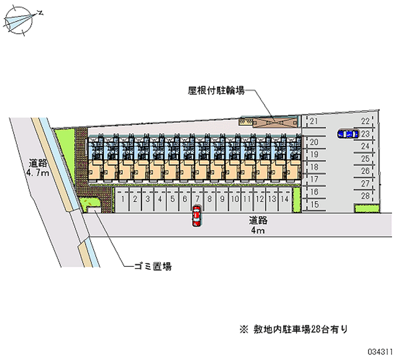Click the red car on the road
197,216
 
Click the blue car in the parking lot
347,134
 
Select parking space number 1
122,200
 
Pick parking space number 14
284,200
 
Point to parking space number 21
313,122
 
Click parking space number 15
313,204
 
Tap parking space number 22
365,122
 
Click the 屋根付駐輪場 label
216,91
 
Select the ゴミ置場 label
153,266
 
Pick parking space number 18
313,167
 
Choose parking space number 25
365,158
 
